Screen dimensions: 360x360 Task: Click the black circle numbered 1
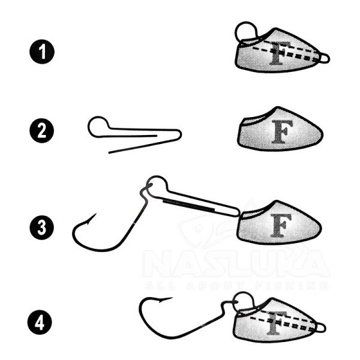click(42, 52)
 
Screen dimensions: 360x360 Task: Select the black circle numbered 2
click(42, 131)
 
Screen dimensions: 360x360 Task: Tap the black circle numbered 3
click(42, 227)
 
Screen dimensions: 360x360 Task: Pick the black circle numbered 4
click(40, 322)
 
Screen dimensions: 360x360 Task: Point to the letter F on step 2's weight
click(282, 132)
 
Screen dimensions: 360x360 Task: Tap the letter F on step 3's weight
click(281, 225)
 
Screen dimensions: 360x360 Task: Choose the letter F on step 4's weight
click(276, 323)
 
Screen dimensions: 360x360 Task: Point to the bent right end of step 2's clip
click(181, 134)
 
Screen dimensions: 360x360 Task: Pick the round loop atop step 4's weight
click(244, 293)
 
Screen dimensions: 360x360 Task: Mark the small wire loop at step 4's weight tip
click(325, 328)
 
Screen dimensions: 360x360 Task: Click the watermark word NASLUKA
click(236, 263)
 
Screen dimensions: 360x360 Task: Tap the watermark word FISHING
click(292, 286)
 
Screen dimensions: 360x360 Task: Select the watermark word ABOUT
click(215, 286)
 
